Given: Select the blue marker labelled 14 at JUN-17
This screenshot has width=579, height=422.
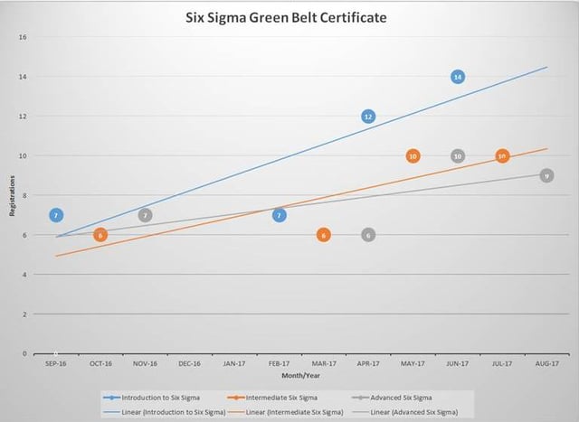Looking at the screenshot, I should (x=458, y=77).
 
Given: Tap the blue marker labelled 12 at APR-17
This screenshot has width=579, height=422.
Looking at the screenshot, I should (x=368, y=117).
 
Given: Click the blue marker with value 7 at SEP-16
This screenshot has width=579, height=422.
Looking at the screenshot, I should (x=56, y=215).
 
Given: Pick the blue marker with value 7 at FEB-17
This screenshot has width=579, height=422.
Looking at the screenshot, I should (x=280, y=215).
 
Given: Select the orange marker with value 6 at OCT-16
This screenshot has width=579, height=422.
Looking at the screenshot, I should (x=100, y=235).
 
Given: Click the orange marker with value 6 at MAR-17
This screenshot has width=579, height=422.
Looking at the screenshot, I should (x=324, y=235).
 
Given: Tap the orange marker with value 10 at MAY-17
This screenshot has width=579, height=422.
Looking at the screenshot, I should (x=413, y=156).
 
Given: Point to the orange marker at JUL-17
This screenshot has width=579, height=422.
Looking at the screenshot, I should (x=502, y=156).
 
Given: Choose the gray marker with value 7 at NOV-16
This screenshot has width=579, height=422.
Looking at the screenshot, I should (x=145, y=215).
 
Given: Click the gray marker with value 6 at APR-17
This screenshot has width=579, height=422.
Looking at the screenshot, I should (x=368, y=235).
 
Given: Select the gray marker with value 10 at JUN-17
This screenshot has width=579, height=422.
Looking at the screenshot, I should (x=458, y=156).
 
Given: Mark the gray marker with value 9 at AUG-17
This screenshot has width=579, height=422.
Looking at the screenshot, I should (x=546, y=175).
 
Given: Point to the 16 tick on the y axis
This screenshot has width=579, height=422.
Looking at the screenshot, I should (x=24, y=37).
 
